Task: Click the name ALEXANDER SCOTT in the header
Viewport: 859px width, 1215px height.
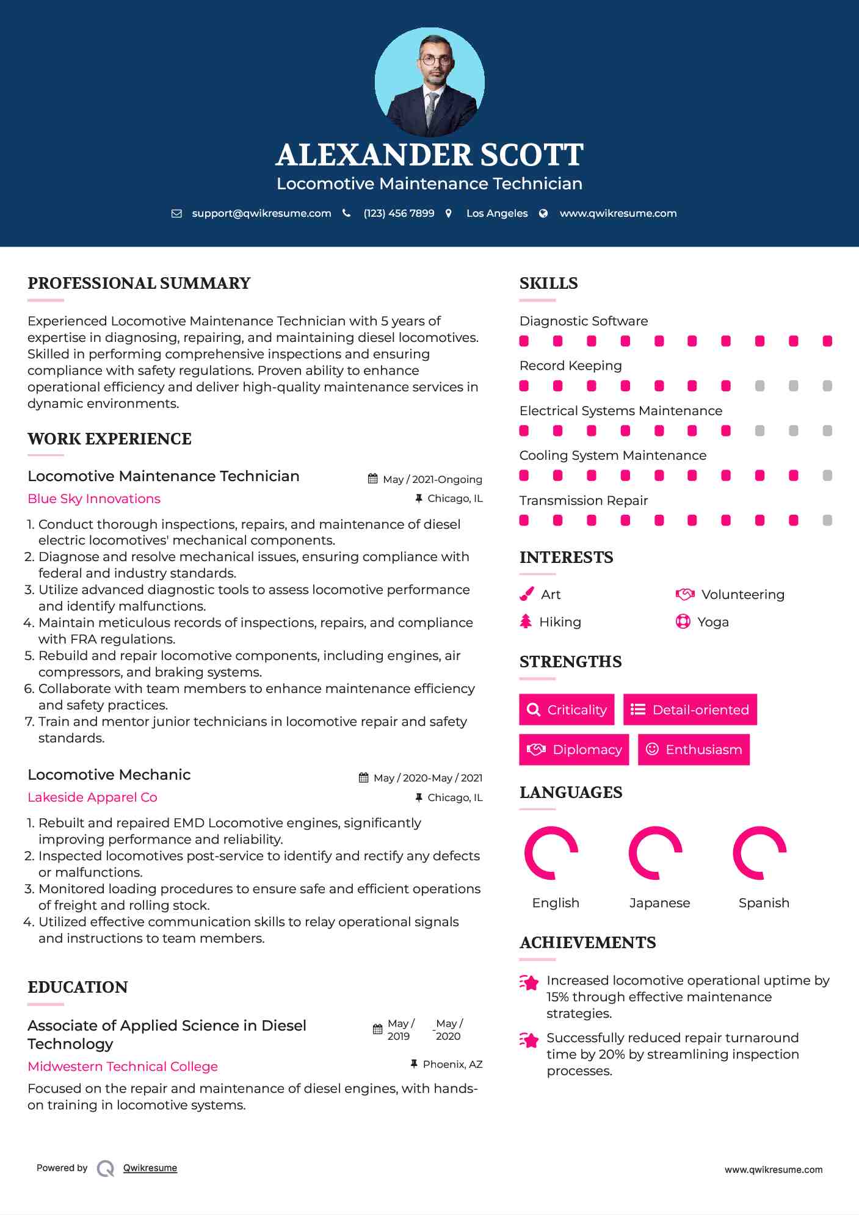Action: [x=429, y=155]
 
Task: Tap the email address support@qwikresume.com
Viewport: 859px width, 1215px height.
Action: [x=261, y=214]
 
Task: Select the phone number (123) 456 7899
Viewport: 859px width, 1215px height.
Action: [x=399, y=214]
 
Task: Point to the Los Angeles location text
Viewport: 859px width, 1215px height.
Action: [x=497, y=214]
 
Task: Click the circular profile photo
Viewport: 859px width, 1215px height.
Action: [x=430, y=82]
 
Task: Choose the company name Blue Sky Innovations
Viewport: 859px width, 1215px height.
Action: [x=94, y=499]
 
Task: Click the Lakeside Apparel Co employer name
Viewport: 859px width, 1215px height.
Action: [x=92, y=797]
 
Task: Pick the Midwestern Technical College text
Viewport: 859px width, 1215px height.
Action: [x=123, y=1067]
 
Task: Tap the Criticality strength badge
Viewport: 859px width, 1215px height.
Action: [x=567, y=709]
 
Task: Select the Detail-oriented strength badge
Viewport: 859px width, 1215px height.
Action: [x=690, y=709]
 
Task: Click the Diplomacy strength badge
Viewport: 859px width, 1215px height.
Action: [x=574, y=750]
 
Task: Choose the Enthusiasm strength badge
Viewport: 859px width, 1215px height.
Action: [x=694, y=750]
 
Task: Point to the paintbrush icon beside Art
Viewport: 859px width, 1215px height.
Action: [x=526, y=594]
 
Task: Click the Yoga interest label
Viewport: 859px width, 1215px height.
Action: [x=713, y=622]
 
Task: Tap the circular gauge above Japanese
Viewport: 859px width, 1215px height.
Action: [x=656, y=853]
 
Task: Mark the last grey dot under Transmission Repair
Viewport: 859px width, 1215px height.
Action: [x=827, y=520]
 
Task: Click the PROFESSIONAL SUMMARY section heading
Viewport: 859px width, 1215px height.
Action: [x=139, y=283]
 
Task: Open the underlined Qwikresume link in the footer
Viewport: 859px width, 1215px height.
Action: [x=150, y=1168]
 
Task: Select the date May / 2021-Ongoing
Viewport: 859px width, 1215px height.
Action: [x=432, y=480]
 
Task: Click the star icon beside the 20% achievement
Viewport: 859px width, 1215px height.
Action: [x=529, y=1040]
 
